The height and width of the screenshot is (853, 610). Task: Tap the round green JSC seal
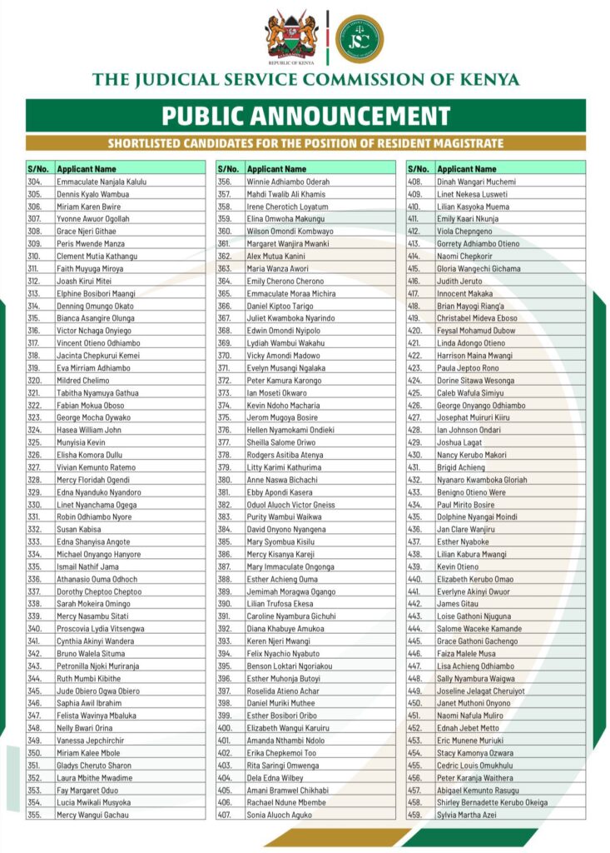[360, 37]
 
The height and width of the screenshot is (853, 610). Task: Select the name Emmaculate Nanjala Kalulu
[102, 182]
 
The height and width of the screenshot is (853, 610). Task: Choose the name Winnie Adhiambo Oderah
[288, 182]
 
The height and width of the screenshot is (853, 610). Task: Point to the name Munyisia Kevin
[82, 443]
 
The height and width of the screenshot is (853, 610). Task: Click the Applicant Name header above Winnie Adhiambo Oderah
[277, 169]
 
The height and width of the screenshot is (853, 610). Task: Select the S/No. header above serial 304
[38, 169]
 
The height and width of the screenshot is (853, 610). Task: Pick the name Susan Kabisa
[80, 530]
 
